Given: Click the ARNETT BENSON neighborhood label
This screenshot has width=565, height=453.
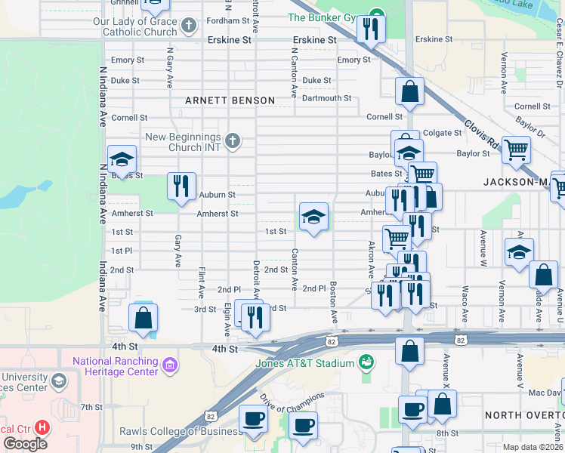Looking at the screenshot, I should (230, 100).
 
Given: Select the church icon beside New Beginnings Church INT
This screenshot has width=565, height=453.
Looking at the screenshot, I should (233, 140).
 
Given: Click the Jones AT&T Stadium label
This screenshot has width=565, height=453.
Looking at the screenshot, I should (315, 363).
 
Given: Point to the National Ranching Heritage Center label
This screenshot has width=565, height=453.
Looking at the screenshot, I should (116, 365).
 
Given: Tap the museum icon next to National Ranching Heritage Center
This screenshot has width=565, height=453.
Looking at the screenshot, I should (170, 366).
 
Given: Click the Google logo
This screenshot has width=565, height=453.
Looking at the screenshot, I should (25, 443).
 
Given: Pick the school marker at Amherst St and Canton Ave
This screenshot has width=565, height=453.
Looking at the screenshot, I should (313, 217).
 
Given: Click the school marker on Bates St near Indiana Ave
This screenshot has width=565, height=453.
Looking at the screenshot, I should (122, 159).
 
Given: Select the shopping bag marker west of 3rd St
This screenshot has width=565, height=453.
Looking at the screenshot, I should (143, 318).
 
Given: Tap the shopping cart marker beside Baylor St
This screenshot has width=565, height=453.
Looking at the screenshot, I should (516, 149).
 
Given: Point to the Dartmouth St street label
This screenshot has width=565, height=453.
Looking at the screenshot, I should (326, 98).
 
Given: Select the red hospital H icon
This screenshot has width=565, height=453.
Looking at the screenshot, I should (42, 427).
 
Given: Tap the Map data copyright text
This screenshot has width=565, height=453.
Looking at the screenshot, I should (533, 447).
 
